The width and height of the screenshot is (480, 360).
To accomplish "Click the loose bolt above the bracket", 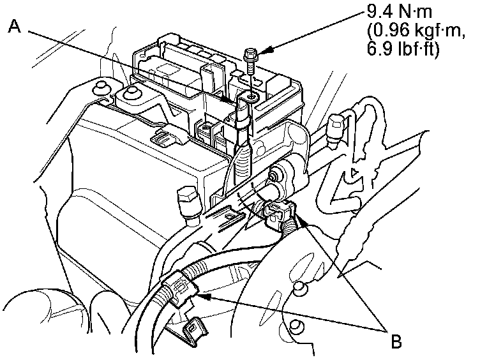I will coord(251,61).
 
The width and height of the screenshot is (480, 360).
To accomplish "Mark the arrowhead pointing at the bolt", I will coord(266,50).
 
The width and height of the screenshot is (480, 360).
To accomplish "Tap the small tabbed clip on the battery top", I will coord(160,137).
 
